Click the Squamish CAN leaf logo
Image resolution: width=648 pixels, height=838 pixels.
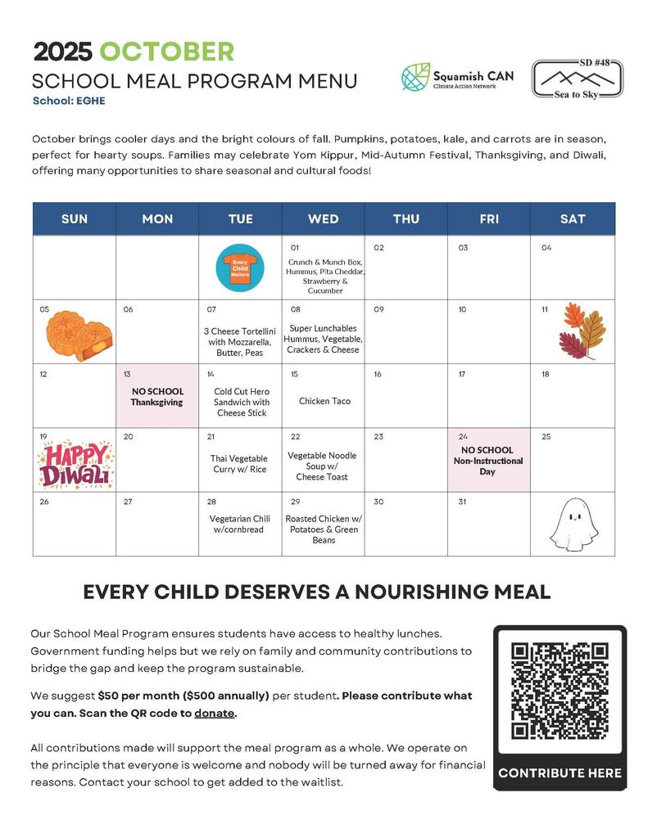(x=415, y=77)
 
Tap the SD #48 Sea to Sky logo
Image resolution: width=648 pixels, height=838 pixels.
(x=577, y=79)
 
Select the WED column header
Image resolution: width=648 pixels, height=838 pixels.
(x=324, y=219)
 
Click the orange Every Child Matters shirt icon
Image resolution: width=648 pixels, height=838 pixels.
(x=240, y=267)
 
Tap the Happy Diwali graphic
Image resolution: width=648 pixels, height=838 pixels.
(x=75, y=463)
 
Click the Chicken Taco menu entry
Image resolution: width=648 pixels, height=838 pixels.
(x=324, y=401)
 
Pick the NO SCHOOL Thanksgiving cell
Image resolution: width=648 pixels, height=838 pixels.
(x=157, y=397)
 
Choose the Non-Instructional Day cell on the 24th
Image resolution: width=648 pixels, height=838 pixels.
(x=487, y=461)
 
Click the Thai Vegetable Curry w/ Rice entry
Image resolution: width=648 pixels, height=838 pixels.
(x=239, y=464)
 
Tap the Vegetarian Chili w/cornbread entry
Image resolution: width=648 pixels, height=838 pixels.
(x=239, y=524)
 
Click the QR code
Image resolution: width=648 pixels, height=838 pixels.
(x=560, y=691)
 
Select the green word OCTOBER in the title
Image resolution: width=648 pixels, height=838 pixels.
(x=166, y=52)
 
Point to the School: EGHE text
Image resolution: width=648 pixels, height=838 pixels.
(x=69, y=101)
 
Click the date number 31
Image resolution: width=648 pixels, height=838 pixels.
(x=463, y=502)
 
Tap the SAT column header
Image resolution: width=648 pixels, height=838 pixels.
(x=572, y=219)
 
